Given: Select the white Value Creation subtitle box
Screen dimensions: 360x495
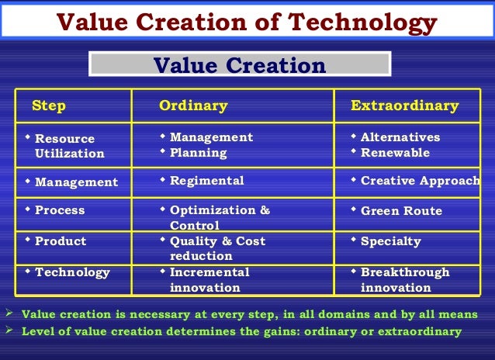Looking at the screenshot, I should tap(240, 65).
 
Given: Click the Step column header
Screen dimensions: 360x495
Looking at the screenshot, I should tap(48, 106).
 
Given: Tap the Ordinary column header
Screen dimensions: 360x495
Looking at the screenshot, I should tap(193, 106).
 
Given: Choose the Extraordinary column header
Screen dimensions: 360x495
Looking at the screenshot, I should tap(404, 106).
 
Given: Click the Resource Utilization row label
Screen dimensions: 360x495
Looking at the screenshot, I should tap(69, 146).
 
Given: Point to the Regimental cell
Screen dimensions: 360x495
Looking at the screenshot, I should tap(206, 181).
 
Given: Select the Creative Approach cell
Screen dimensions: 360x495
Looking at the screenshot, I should tap(420, 181).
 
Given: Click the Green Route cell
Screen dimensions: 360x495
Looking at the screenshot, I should tap(401, 211).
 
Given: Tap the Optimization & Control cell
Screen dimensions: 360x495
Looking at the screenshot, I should tap(220, 217).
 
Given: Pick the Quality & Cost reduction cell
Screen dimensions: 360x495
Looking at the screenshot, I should tap(217, 248).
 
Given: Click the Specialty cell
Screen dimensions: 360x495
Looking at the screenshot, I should tap(390, 241).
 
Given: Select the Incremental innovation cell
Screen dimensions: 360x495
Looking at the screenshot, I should tap(209, 279).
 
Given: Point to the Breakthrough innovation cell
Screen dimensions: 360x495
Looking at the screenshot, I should tap(404, 279).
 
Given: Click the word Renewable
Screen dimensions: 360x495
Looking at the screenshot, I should tap(395, 153).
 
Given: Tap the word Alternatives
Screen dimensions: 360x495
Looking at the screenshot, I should tap(400, 137).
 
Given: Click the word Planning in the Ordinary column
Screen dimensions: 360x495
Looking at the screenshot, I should tap(198, 153).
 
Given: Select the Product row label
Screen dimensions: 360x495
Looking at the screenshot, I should tap(61, 241).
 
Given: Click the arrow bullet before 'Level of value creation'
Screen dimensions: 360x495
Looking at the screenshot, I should tap(9, 331).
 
